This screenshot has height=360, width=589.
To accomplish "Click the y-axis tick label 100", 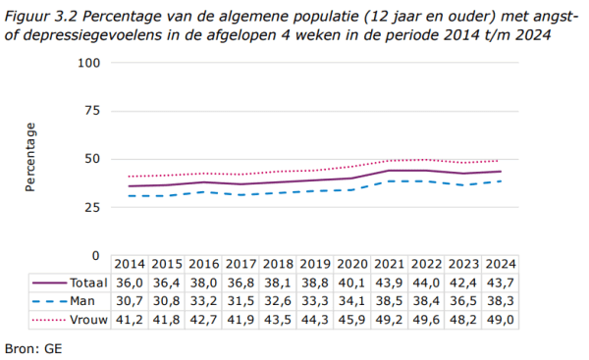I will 89,63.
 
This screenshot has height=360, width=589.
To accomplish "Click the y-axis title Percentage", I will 30,158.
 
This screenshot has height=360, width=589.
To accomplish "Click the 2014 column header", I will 130,265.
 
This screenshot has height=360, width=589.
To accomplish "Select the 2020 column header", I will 351,265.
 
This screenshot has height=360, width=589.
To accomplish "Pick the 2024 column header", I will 500,265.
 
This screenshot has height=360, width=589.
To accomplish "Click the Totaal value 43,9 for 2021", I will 389,283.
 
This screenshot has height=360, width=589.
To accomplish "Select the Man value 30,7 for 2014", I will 130,301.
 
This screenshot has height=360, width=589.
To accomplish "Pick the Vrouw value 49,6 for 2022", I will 426,320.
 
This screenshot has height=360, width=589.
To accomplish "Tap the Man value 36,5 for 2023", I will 463,301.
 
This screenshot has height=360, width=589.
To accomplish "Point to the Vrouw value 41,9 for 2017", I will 241,320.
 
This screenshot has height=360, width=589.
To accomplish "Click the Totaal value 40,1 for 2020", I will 351,283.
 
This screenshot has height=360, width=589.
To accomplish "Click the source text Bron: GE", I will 32,346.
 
